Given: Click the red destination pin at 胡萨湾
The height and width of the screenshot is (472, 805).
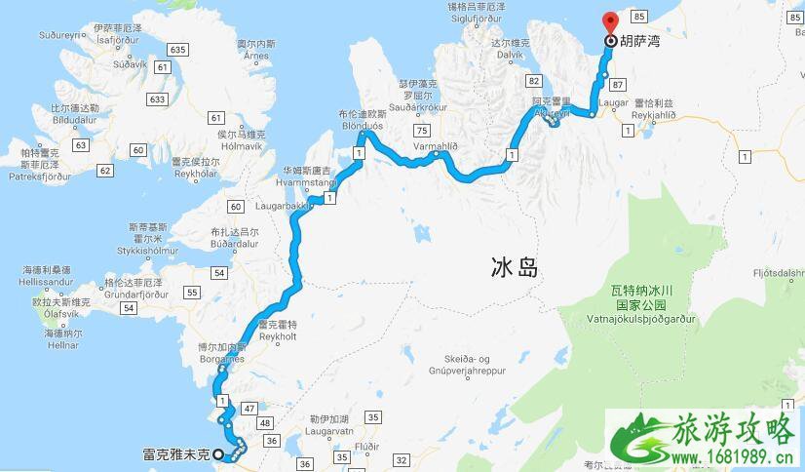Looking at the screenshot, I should pyautogui.click(x=611, y=22).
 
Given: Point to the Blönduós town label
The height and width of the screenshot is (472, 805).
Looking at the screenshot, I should pyautogui.click(x=363, y=126).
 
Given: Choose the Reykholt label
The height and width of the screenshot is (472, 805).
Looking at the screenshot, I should pyautogui.click(x=277, y=334).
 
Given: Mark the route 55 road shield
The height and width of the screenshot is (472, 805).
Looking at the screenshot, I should pyautogui.click(x=192, y=293).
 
